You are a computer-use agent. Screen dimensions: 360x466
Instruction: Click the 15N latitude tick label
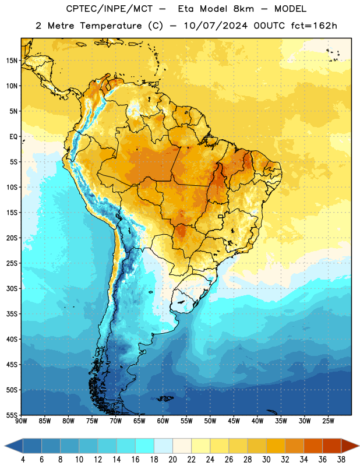(x=12, y=61)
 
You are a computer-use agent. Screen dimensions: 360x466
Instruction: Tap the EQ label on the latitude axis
(x=13, y=137)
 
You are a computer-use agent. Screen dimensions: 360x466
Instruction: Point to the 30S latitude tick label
(x=12, y=288)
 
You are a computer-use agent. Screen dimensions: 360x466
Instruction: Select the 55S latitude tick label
(x=12, y=415)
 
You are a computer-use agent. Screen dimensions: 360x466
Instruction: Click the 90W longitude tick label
(x=21, y=421)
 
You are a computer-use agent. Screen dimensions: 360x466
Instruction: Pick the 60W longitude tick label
(x=163, y=421)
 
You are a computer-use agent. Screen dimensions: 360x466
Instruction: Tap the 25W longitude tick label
(x=328, y=421)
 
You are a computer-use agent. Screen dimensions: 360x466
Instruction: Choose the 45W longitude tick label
(x=234, y=421)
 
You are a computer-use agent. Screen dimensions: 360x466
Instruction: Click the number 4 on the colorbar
(x=23, y=460)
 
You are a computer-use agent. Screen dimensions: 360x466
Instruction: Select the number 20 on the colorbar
(x=172, y=460)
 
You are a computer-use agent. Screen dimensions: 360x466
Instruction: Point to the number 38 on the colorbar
(x=341, y=460)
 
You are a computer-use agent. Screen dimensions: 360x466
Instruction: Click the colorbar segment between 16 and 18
(x=144, y=446)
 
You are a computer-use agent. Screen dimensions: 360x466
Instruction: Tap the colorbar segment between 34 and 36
(x=313, y=446)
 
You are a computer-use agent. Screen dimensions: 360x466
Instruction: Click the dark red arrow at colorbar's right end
(x=350, y=446)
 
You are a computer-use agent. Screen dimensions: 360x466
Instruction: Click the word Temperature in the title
(x=111, y=26)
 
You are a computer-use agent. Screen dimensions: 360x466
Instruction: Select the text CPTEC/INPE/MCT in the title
(x=109, y=9)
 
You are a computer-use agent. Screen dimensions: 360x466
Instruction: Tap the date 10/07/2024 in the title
(x=216, y=26)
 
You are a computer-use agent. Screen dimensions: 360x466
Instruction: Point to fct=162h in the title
(x=314, y=26)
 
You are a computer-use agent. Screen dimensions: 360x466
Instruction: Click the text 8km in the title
(x=243, y=9)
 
